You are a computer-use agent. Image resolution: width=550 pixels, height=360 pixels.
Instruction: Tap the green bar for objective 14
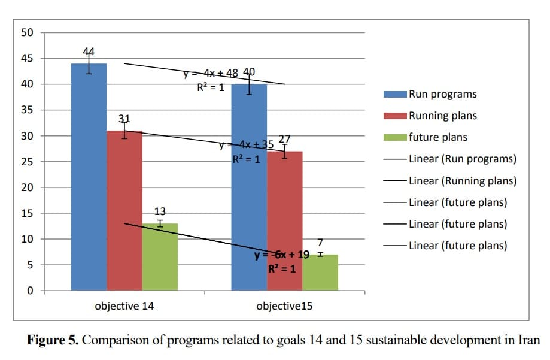[x=160, y=257]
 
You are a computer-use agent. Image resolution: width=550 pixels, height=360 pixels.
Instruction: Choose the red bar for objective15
[x=284, y=221]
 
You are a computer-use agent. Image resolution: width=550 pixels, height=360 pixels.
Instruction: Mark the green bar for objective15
[x=320, y=273]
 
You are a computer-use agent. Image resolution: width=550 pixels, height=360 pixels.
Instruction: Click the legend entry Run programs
[x=442, y=94]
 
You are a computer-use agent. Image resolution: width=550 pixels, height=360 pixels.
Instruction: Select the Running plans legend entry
[x=442, y=116]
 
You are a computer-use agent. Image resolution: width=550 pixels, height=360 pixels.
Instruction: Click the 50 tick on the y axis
[x=27, y=32]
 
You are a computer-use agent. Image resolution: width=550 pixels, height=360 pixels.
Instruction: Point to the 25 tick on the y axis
[x=27, y=162]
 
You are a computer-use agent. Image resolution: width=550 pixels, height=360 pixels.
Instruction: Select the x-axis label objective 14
[x=124, y=306]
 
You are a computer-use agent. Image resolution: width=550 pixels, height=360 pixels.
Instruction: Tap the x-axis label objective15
[x=284, y=306]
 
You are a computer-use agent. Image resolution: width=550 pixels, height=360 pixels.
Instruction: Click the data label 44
[x=89, y=51]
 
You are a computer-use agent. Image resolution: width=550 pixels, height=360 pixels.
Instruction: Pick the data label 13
[x=160, y=211]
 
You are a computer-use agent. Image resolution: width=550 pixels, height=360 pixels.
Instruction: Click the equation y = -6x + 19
[x=281, y=255]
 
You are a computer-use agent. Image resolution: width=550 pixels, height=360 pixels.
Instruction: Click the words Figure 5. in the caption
[x=53, y=341]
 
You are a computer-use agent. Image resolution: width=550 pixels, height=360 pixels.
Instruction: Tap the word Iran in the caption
[x=528, y=341]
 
